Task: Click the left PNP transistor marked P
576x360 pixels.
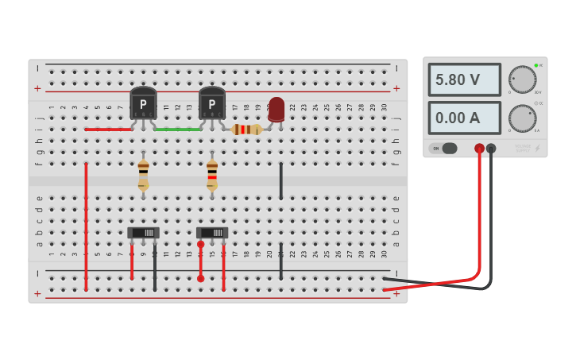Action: (x=143, y=103)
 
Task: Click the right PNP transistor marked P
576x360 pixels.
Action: (x=212, y=103)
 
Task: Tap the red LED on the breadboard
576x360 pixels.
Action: (x=276, y=109)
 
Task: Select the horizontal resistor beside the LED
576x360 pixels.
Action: (x=246, y=130)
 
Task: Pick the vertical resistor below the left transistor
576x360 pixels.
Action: (x=143, y=174)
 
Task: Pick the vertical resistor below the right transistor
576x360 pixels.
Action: (x=212, y=174)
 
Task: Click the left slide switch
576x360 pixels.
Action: (x=143, y=233)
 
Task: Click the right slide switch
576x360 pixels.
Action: (x=212, y=233)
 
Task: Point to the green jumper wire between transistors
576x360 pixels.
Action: (x=178, y=129)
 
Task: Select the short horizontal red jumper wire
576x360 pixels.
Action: (x=109, y=129)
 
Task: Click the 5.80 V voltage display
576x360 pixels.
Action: (x=465, y=80)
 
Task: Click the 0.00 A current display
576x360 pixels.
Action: (x=465, y=118)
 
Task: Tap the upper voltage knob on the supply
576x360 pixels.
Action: (x=522, y=79)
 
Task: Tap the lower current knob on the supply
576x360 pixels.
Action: (x=522, y=118)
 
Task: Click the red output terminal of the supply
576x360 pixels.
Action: (x=479, y=148)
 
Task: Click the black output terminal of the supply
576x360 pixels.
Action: (x=491, y=148)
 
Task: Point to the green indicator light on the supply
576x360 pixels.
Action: (x=536, y=65)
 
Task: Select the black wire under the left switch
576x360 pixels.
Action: (x=155, y=266)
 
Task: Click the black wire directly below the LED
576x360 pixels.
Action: (x=280, y=181)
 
